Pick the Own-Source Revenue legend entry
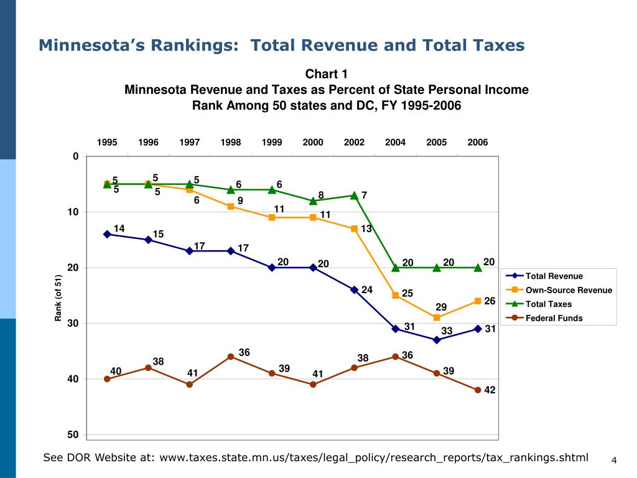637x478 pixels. pos(568,290)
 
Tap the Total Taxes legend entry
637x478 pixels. pos(548,304)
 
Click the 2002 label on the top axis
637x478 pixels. pos(354,143)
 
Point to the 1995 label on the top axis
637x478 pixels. pos(107,143)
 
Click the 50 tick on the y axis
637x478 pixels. pos(73,434)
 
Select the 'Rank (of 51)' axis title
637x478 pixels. pos(58,298)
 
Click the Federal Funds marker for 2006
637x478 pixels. pos(478,390)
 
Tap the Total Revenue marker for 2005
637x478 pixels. pos(437,340)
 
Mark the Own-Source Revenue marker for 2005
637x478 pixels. pos(437,317)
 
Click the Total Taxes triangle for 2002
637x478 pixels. pos(354,195)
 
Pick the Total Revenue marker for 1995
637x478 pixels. pos(107,234)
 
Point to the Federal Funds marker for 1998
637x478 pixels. pos(231,357)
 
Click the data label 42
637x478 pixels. pos(490,390)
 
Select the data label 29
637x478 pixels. pos(441,307)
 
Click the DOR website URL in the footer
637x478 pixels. pos(373,457)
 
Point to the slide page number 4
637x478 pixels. pos(613,461)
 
